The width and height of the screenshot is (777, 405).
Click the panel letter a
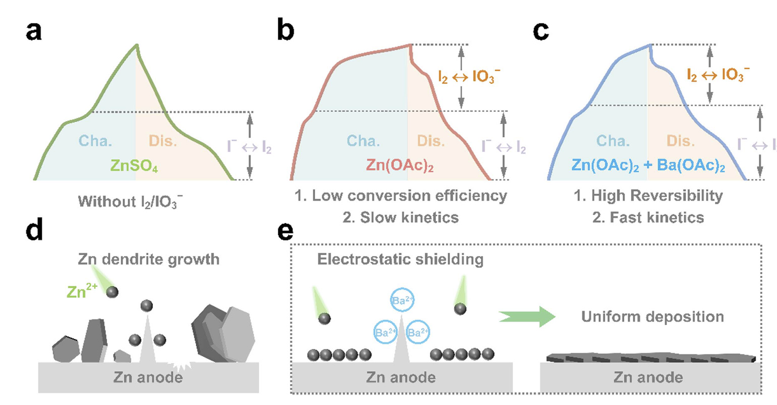coord(33,31)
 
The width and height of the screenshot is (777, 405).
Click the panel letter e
coord(285,231)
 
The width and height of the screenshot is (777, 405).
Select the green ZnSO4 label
coord(134,165)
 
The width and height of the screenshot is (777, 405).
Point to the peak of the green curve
coord(137,45)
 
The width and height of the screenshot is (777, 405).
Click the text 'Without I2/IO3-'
coord(130,202)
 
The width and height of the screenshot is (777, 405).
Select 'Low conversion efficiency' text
coord(409,196)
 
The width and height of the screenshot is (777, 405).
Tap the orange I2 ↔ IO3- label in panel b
coord(469,76)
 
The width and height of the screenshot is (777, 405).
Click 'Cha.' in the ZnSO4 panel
coord(95,141)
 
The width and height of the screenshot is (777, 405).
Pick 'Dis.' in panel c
coord(680,141)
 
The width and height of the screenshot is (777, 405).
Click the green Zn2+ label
coord(82,292)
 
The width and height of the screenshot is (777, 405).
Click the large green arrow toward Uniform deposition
coord(527,316)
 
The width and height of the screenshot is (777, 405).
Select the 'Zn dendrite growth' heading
coord(148,259)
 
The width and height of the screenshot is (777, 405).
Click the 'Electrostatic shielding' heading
coord(400,259)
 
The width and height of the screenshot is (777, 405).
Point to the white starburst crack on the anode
coord(181,365)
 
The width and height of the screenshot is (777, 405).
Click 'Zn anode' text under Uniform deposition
coord(648,377)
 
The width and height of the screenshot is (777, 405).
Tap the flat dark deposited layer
coord(651,358)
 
